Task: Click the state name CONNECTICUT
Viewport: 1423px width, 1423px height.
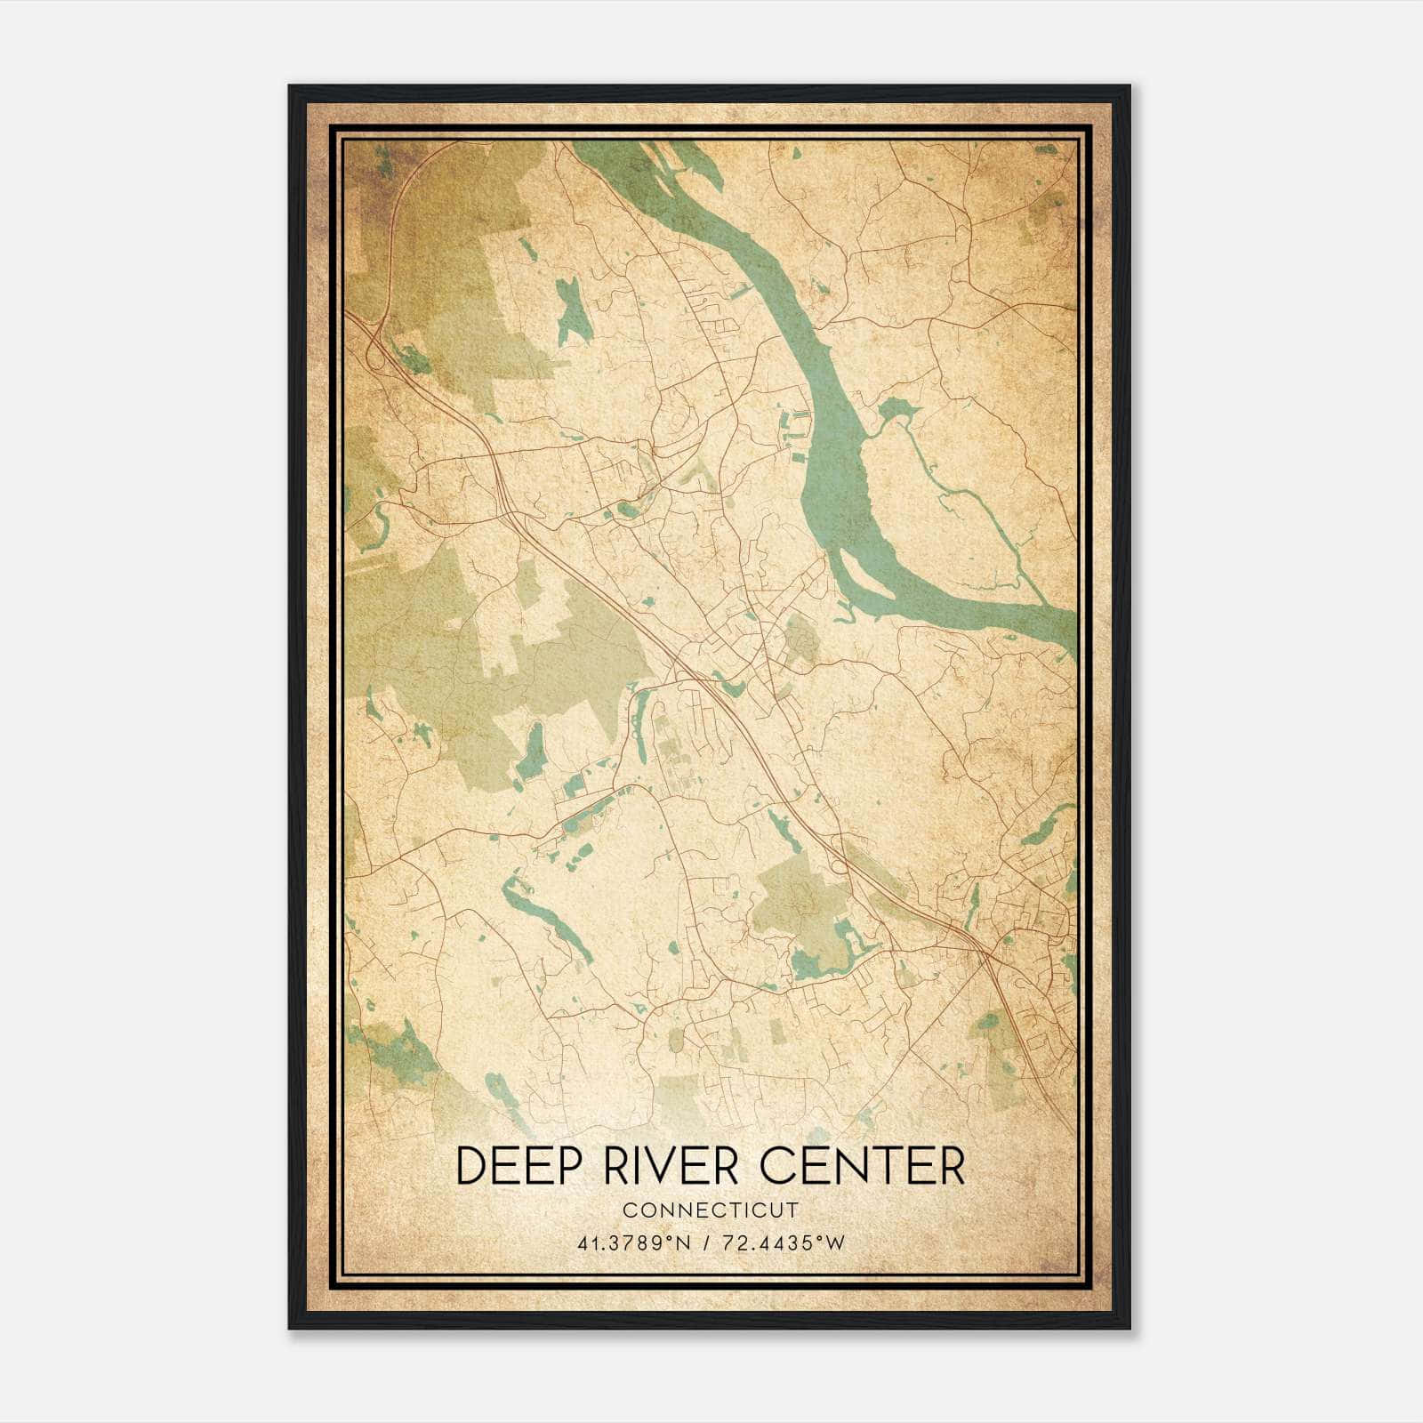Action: coord(711,1210)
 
